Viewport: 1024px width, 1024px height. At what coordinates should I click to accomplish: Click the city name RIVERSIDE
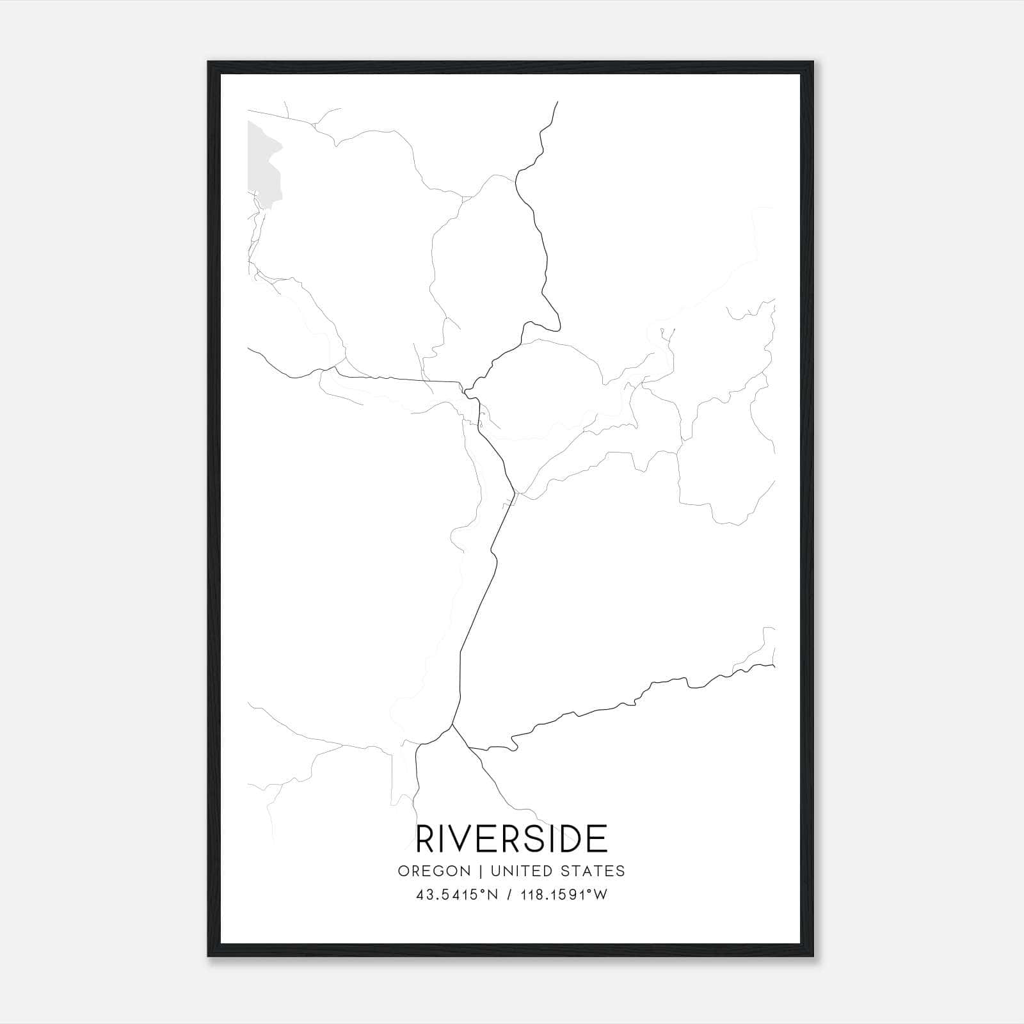(x=511, y=839)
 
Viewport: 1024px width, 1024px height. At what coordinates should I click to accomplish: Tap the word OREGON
(x=425, y=871)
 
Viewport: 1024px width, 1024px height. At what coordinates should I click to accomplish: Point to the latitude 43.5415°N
(x=456, y=895)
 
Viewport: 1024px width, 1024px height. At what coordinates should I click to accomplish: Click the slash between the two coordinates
(x=509, y=895)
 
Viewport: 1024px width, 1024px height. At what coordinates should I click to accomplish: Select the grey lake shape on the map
(x=262, y=160)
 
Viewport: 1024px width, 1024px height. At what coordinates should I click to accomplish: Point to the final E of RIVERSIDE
(x=597, y=839)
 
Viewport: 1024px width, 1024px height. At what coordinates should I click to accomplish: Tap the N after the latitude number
(x=493, y=895)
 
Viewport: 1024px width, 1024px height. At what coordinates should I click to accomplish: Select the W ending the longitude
(x=600, y=895)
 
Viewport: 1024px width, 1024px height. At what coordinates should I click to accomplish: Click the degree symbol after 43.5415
(x=485, y=891)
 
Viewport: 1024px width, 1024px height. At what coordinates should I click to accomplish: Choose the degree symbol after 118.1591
(x=591, y=891)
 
